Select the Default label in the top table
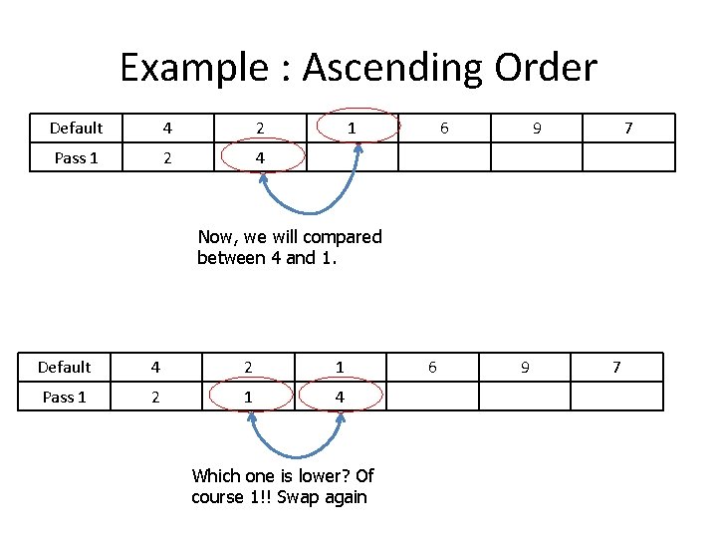(x=76, y=128)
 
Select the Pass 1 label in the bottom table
(x=64, y=397)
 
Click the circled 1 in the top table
(x=352, y=128)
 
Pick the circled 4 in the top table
(x=260, y=157)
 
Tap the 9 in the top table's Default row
(x=537, y=128)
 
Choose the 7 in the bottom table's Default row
(x=615, y=367)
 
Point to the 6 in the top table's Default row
(x=444, y=128)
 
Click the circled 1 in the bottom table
(x=248, y=397)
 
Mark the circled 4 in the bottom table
(x=340, y=397)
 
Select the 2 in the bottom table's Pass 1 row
(x=156, y=397)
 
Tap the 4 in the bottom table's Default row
(x=156, y=367)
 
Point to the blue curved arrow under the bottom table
(x=295, y=448)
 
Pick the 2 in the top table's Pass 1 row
(x=168, y=157)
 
